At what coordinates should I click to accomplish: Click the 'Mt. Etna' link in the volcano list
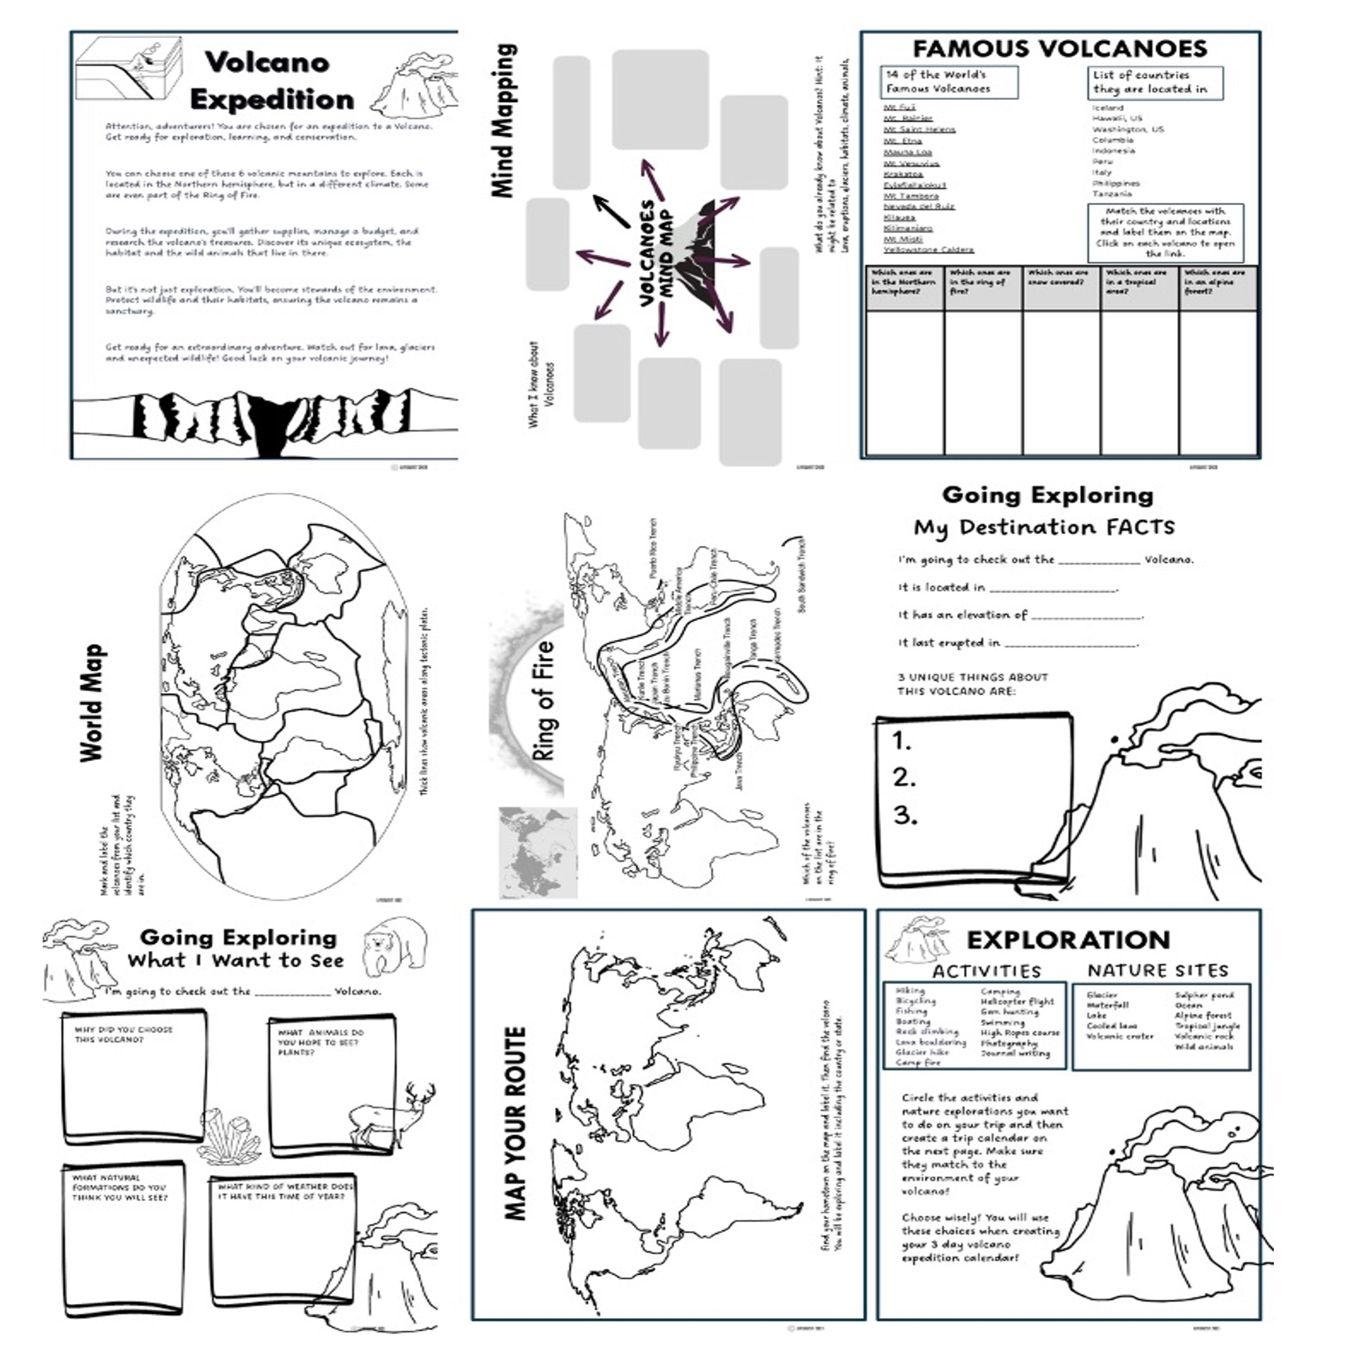point(902,141)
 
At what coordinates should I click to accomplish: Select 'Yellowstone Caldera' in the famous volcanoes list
point(929,250)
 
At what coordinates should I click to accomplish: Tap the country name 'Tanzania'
point(1112,194)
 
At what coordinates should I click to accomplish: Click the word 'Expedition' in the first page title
point(272,100)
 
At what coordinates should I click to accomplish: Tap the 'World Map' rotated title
point(93,703)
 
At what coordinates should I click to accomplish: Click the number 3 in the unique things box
point(905,815)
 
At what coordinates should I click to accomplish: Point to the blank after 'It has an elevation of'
point(1086,616)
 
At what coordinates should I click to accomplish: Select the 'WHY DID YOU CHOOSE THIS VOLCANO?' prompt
point(123,1034)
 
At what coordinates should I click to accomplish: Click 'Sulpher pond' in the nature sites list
point(1204,995)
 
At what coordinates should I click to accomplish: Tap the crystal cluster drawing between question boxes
point(230,1135)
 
